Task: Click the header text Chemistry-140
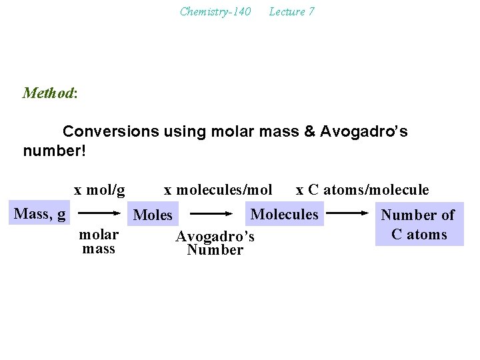[215, 11]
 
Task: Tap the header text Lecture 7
[291, 11]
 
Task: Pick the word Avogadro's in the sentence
[364, 131]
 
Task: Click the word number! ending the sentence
[54, 151]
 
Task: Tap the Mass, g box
[39, 213]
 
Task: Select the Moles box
[153, 215]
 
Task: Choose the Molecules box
[284, 214]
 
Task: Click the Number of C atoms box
[419, 225]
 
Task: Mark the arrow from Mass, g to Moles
[99, 214]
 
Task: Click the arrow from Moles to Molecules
[215, 215]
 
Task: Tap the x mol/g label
[99, 190]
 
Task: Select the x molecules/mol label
[218, 190]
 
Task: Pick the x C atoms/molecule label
[362, 190]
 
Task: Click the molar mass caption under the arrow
[99, 241]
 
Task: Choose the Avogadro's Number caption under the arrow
[215, 243]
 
